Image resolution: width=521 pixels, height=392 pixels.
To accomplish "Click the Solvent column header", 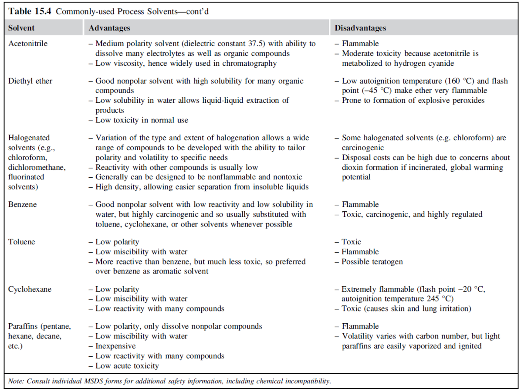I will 21,28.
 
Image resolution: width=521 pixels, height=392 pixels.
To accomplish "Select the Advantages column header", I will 109,28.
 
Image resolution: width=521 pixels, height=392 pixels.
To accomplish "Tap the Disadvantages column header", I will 360,28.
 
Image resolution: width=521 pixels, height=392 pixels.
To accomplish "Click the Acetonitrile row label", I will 28,44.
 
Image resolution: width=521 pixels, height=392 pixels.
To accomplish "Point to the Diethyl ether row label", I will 30,81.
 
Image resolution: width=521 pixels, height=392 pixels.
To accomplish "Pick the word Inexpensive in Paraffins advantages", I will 115,346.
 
